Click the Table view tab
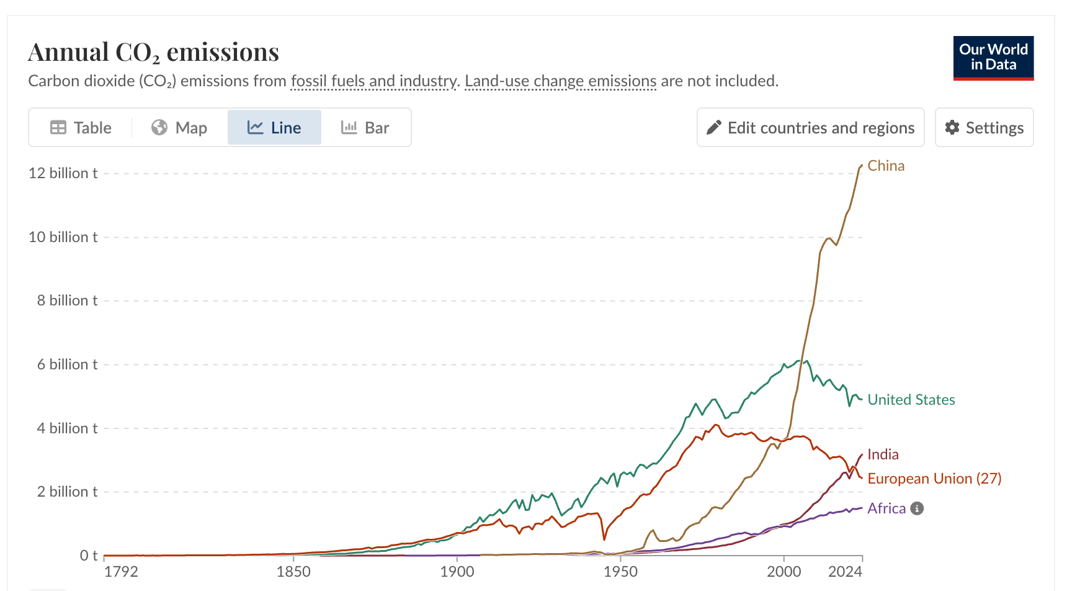[81, 128]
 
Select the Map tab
[179, 128]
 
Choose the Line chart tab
[274, 128]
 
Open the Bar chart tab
[365, 128]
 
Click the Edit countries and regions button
[810, 127]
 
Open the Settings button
[984, 127]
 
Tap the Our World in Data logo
[993, 58]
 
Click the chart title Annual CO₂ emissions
[154, 52]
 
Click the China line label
[886, 166]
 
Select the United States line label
[911, 400]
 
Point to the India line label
[883, 454]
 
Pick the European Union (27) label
[934, 479]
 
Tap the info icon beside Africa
[917, 508]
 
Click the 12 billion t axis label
[63, 173]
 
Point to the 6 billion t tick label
[67, 364]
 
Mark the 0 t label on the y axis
[89, 556]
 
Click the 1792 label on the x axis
[121, 572]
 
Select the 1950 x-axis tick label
[620, 572]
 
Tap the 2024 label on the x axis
[845, 572]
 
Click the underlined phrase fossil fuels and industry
[374, 81]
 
